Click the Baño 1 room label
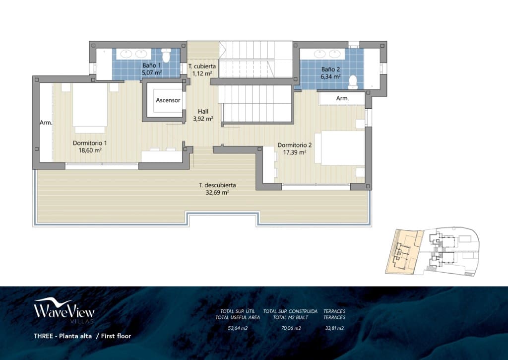(x=151, y=65)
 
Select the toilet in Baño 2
(x=353, y=81)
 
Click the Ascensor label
(x=168, y=100)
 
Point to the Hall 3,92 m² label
(x=202, y=115)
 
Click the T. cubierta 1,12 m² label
(x=202, y=70)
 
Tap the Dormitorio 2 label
(x=294, y=145)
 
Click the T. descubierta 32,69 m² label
(x=214, y=189)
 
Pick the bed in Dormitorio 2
(x=342, y=148)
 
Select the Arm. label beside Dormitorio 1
(x=46, y=122)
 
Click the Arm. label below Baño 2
(x=342, y=99)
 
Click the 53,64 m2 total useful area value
(x=238, y=328)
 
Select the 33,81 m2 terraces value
(x=334, y=328)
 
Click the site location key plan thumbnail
(x=431, y=252)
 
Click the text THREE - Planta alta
(x=63, y=336)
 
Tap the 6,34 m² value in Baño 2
(x=330, y=76)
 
